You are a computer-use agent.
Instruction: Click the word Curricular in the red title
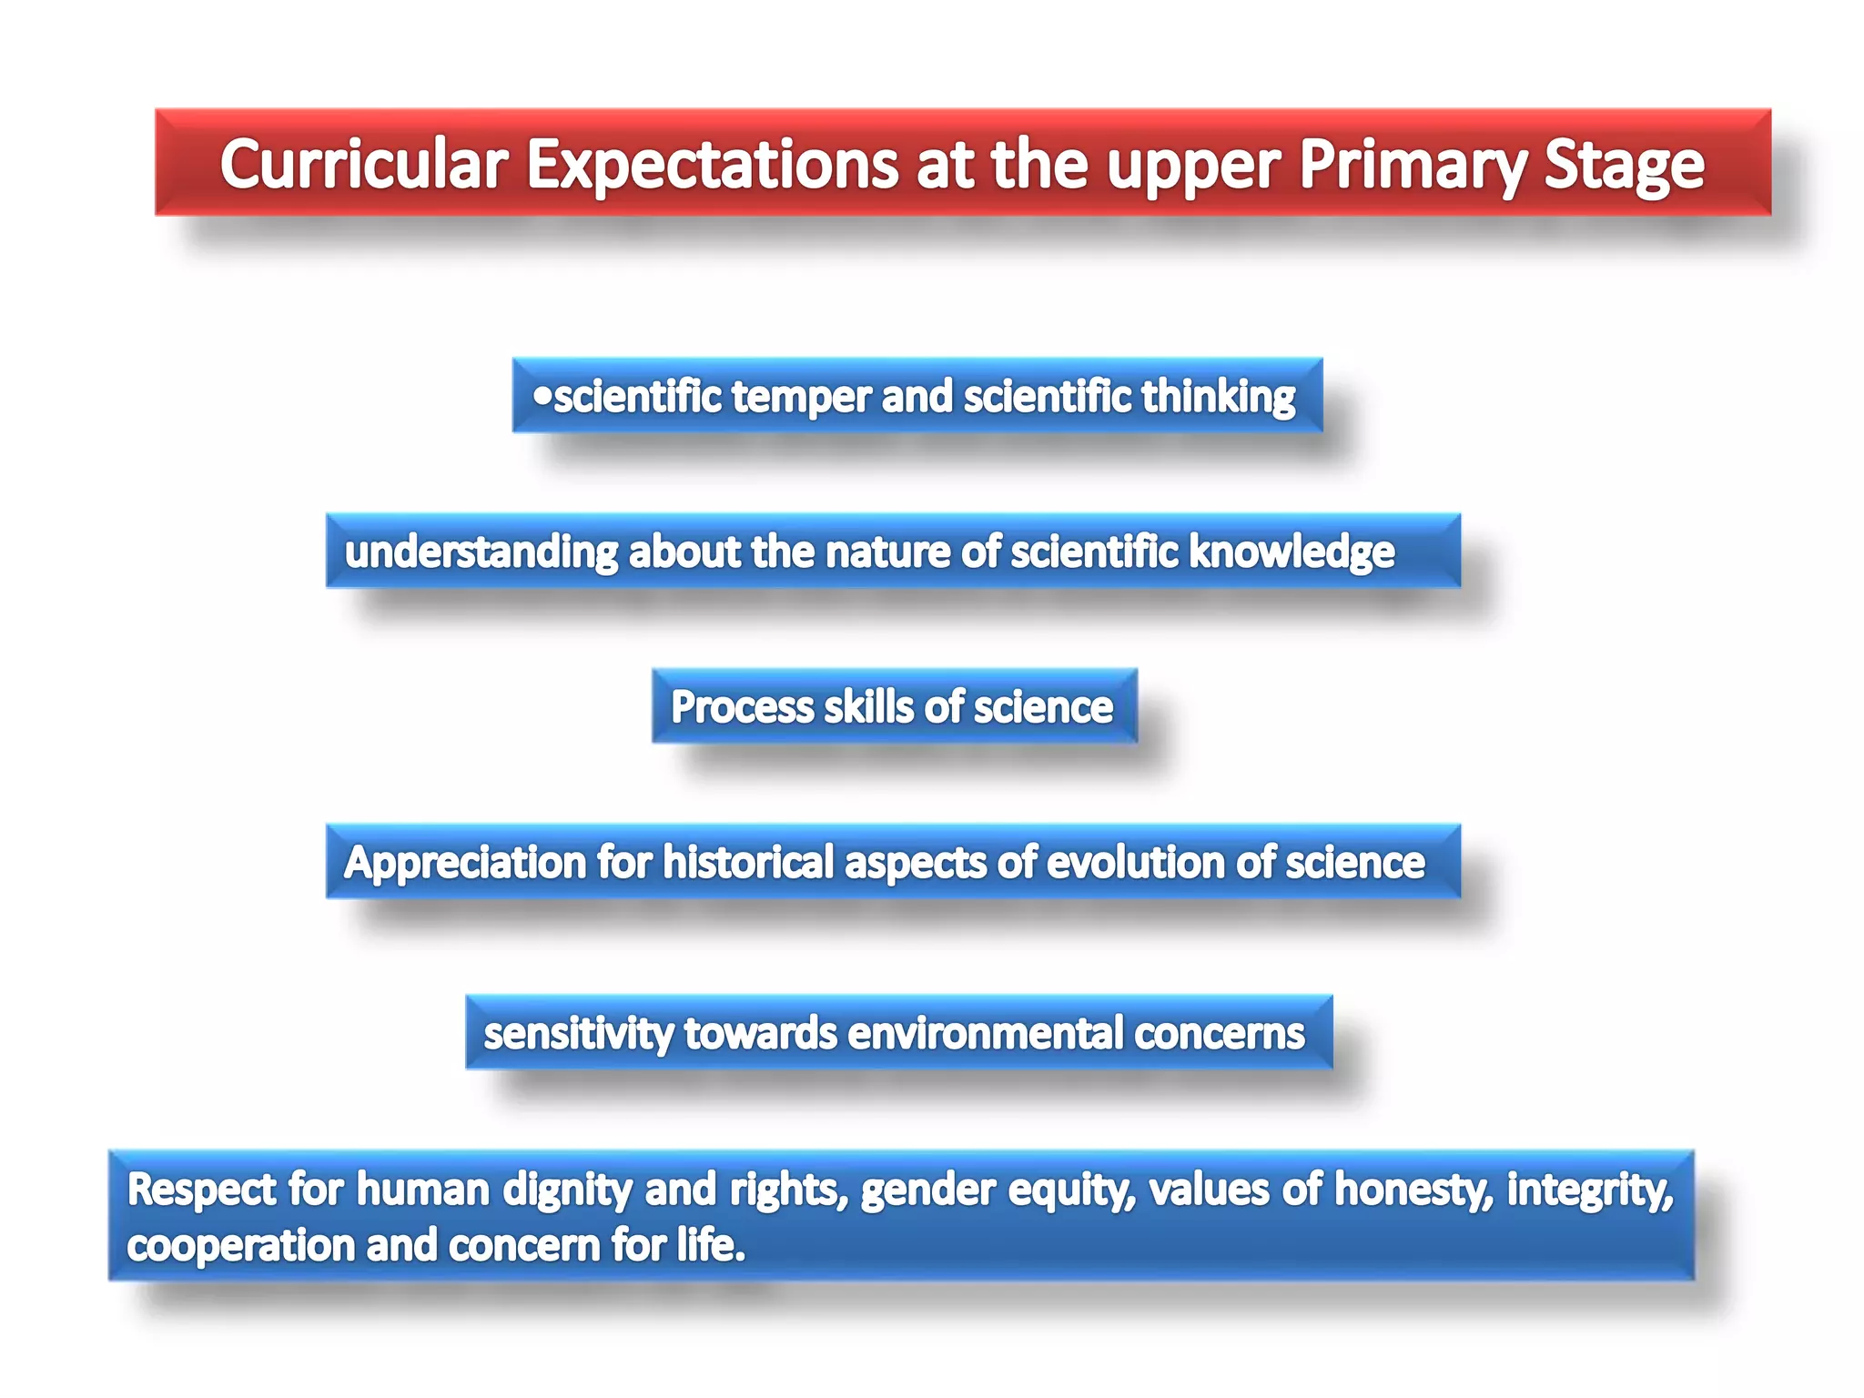(x=363, y=165)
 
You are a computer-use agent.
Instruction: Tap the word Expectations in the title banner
(x=712, y=165)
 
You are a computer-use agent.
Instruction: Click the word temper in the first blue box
(x=801, y=397)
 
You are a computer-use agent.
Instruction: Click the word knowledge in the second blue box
(x=1292, y=552)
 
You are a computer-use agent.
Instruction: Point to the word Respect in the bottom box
(x=201, y=1190)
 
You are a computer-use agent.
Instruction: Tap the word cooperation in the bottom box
(x=239, y=1246)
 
